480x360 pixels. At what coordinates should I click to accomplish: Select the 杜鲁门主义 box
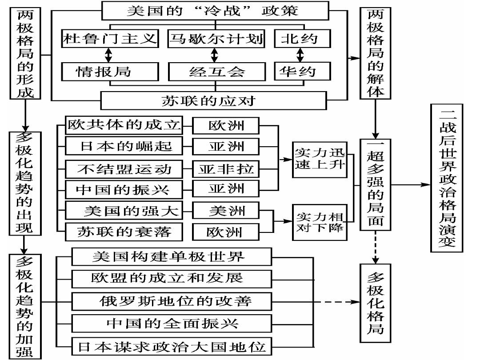pyautogui.click(x=110, y=39)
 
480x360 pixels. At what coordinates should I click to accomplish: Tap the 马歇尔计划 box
pyautogui.click(x=216, y=39)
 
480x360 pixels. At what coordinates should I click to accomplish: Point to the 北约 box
pyautogui.click(x=302, y=39)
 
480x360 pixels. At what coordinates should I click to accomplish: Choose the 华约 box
pyautogui.click(x=302, y=71)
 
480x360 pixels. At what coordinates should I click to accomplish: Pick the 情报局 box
pyautogui.click(x=110, y=71)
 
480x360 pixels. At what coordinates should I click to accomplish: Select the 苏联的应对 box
pyautogui.click(x=208, y=100)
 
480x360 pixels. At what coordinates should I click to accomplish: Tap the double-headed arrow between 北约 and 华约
pyautogui.click(x=300, y=55)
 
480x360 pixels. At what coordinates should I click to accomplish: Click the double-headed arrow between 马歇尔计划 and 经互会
pyautogui.click(x=215, y=55)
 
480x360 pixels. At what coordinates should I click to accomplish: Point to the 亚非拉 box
pyautogui.click(x=226, y=169)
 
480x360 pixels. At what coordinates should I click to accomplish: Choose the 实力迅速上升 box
pyautogui.click(x=319, y=159)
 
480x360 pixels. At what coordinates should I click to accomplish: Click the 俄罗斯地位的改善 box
pyautogui.click(x=172, y=301)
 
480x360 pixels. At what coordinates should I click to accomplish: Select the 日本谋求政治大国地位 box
pyautogui.click(x=172, y=346)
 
